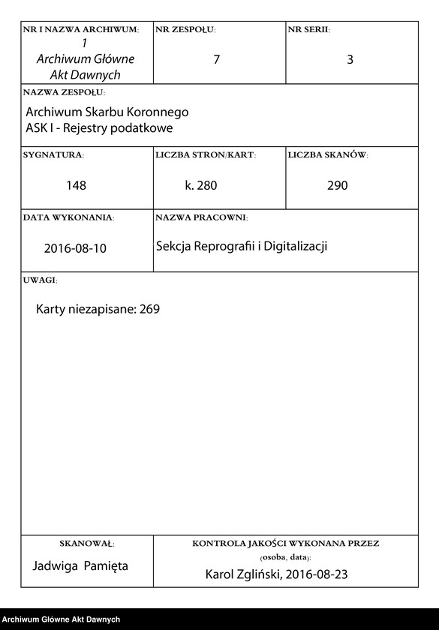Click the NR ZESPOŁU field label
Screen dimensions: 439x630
click(185, 30)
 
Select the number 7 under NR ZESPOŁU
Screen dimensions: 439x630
click(216, 60)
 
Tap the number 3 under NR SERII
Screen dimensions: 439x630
click(350, 60)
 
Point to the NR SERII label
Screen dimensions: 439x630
click(308, 30)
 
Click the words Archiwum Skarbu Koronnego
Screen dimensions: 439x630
click(107, 112)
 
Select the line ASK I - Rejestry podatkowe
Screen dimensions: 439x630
click(99, 127)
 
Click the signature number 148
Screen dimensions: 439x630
click(76, 185)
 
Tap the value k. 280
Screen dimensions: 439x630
click(201, 185)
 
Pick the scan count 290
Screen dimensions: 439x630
click(338, 185)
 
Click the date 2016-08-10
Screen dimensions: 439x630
click(75, 248)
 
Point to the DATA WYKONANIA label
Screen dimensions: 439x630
click(69, 217)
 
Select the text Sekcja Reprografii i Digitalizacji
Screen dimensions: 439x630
click(242, 246)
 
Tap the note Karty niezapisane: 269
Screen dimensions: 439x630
click(98, 309)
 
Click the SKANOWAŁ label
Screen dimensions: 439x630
click(86, 543)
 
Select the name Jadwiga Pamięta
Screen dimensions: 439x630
click(80, 565)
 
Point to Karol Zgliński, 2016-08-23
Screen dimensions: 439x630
click(277, 575)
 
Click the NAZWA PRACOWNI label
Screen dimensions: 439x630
click(201, 217)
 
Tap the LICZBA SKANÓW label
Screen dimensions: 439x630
click(328, 155)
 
